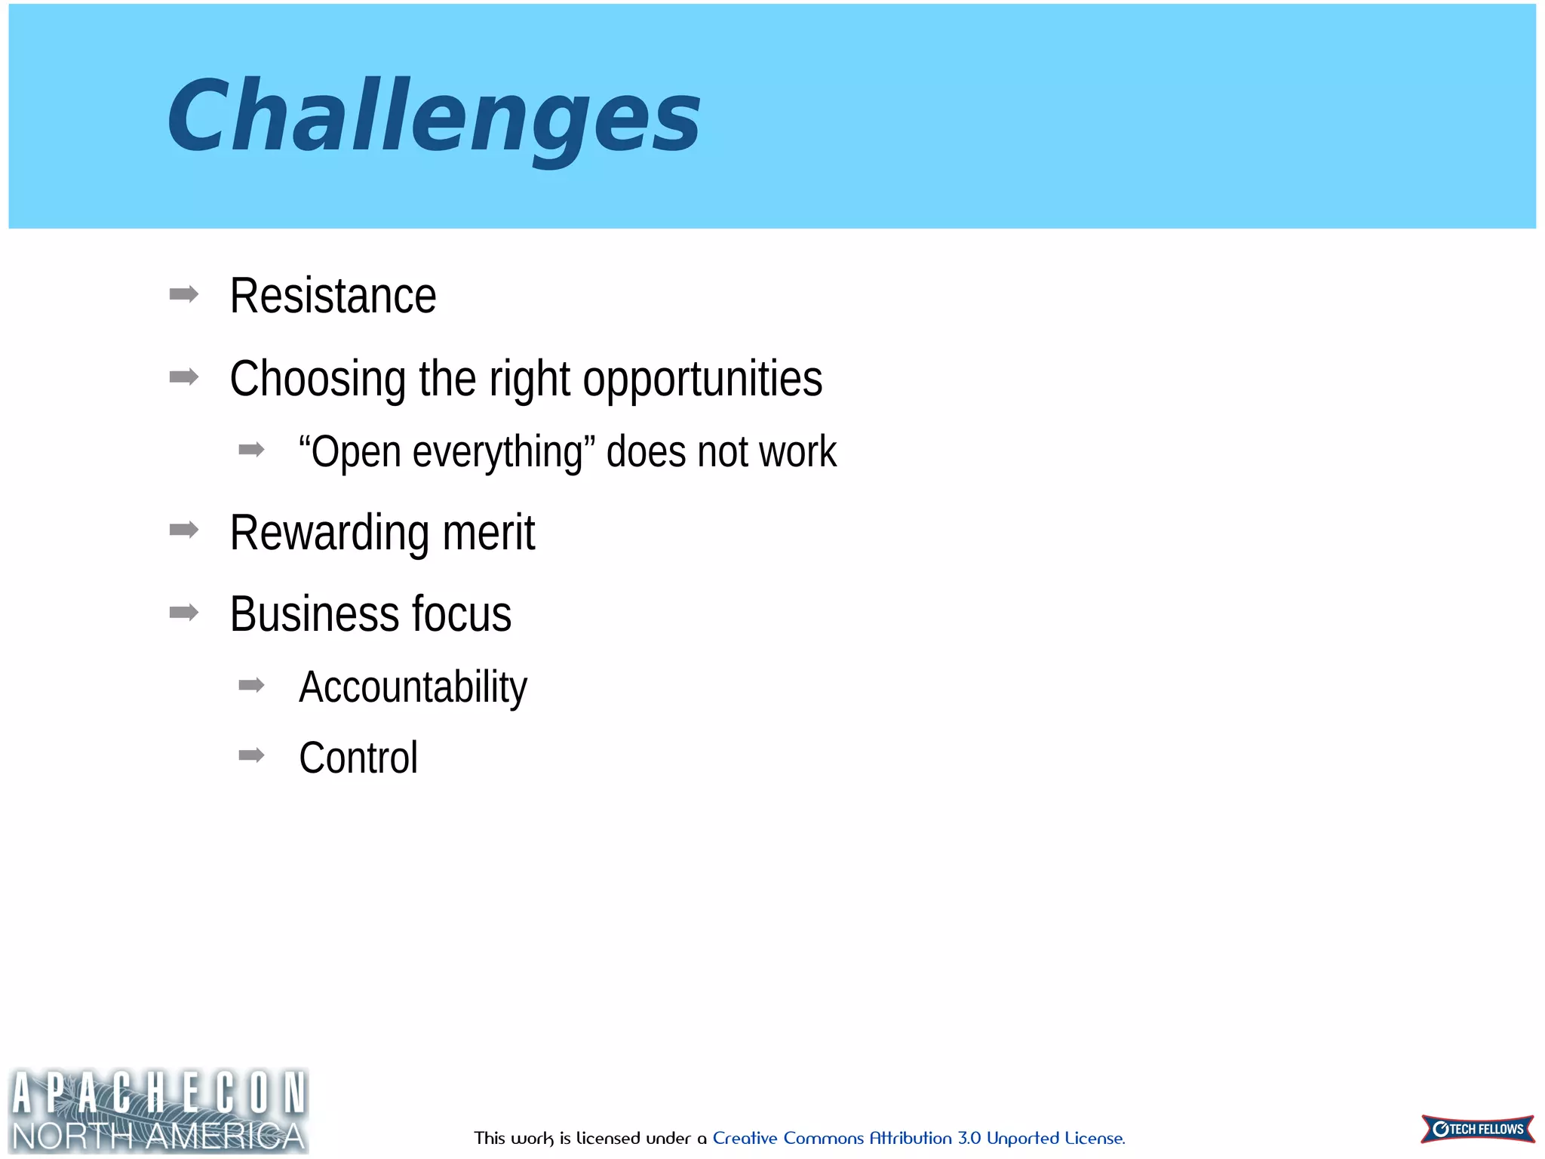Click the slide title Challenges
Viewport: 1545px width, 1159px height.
(x=434, y=117)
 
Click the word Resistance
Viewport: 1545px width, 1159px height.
(x=333, y=296)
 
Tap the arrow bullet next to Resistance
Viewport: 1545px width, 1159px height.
(x=184, y=294)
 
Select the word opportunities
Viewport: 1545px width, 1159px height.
(x=702, y=379)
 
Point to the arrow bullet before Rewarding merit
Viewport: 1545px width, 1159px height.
(x=184, y=530)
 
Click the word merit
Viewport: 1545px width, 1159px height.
(x=489, y=533)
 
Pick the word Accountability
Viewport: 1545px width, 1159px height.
(x=413, y=687)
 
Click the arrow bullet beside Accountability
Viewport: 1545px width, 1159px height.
(x=251, y=685)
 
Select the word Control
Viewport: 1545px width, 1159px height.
(x=358, y=758)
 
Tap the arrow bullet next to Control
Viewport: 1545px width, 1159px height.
(x=251, y=755)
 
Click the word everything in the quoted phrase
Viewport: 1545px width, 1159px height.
(x=498, y=453)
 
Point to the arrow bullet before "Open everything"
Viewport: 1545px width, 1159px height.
(x=251, y=450)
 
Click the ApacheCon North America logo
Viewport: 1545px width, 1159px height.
(x=158, y=1111)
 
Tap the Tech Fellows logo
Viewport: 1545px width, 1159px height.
(x=1477, y=1129)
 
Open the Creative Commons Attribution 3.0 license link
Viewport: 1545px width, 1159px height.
(x=918, y=1138)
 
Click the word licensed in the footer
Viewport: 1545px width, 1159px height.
(x=608, y=1138)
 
